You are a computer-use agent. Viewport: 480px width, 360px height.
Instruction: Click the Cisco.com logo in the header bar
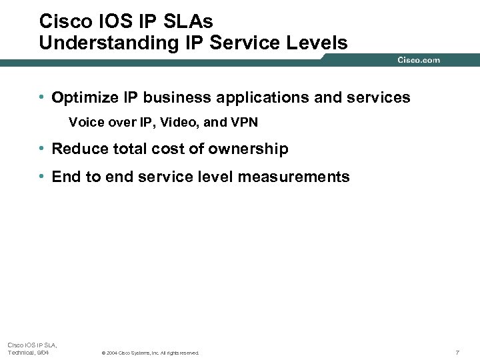419,60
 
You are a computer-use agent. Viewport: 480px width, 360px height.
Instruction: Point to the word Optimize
83,98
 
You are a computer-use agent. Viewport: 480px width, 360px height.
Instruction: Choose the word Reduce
78,149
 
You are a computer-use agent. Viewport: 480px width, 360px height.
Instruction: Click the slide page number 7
457,352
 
